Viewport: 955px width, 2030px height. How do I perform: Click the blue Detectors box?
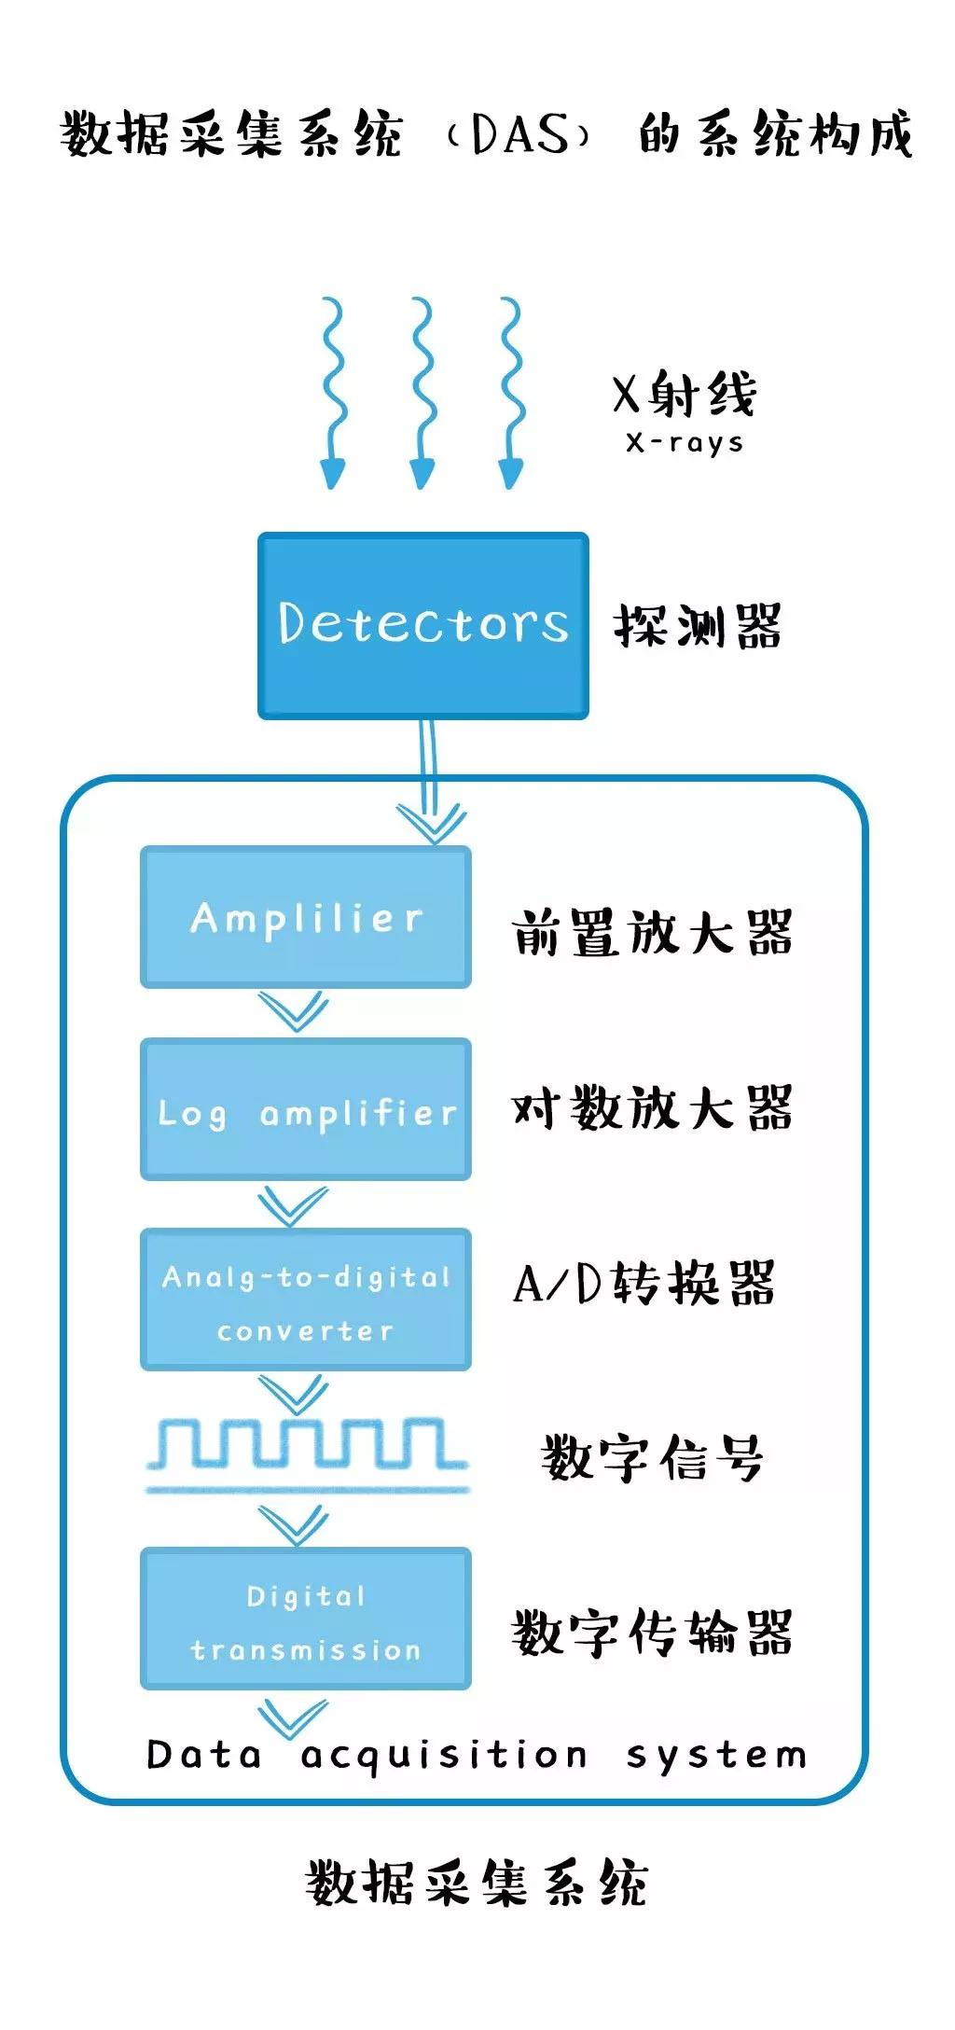pos(422,625)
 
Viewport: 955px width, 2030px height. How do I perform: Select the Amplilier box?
pos(306,917)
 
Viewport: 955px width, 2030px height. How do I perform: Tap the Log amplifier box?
pos(306,1109)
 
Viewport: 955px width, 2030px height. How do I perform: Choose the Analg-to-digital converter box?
pos(306,1300)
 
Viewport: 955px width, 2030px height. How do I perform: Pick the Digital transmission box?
pos(306,1620)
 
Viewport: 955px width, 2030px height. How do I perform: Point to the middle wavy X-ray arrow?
pos(422,392)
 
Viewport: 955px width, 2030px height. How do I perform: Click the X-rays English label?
pos(685,442)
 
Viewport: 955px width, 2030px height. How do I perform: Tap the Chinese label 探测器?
pos(698,625)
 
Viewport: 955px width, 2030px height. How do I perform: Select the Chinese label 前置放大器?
pos(653,933)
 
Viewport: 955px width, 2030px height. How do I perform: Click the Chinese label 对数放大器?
pos(653,1108)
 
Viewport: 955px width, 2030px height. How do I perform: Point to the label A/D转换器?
pos(644,1284)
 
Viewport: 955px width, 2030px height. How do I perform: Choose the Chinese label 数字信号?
pos(653,1457)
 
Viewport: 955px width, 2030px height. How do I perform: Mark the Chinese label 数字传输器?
pos(653,1633)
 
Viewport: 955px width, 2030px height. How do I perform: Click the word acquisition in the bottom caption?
pos(444,1756)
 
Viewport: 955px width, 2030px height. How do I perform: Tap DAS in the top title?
pos(519,134)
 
